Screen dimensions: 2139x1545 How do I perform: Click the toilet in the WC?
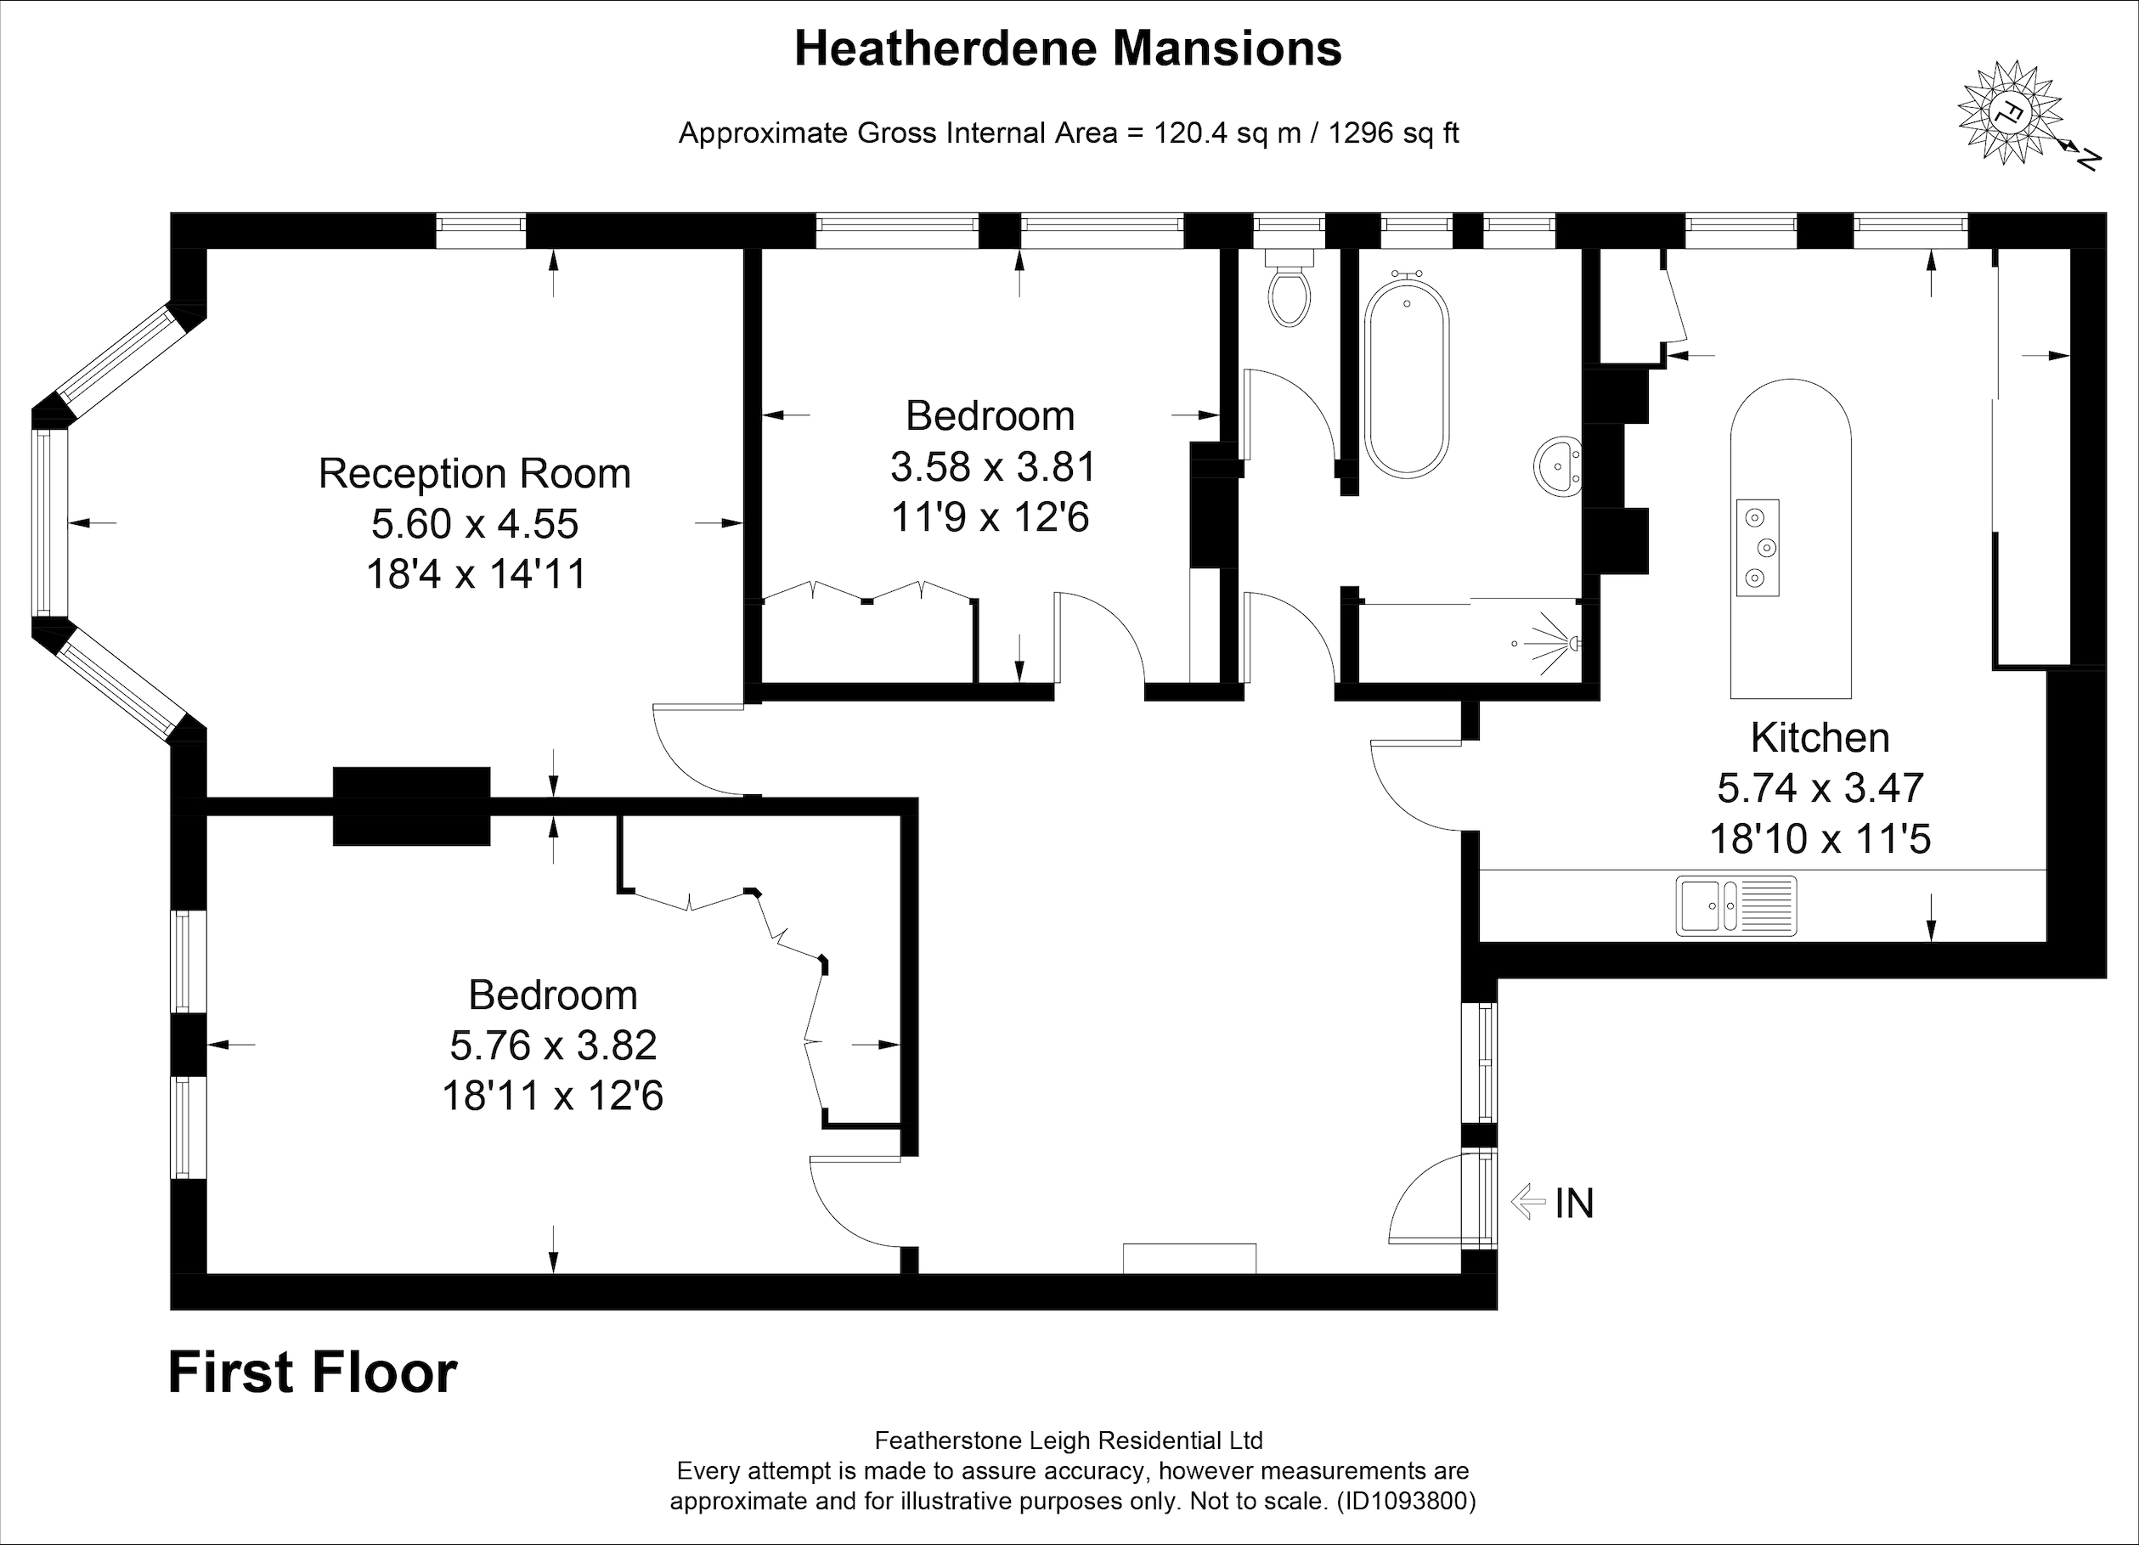click(x=1289, y=288)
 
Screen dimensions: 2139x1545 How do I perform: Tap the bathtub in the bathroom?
click(x=1406, y=373)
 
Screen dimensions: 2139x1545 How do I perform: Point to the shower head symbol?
click(x=1551, y=643)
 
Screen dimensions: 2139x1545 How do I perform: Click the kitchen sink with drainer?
click(x=1736, y=905)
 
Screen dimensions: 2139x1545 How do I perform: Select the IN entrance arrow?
click(x=1529, y=1203)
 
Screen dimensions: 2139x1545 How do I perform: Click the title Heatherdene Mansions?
click(x=1069, y=49)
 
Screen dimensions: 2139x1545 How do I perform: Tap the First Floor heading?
click(x=312, y=1373)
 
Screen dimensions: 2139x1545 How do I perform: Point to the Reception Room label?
click(x=474, y=473)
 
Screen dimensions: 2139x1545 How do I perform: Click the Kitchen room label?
click(x=1820, y=737)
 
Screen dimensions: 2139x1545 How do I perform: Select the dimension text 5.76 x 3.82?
click(x=553, y=1045)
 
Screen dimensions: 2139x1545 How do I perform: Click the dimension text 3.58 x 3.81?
click(x=993, y=467)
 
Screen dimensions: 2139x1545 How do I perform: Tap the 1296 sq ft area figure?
click(x=1394, y=134)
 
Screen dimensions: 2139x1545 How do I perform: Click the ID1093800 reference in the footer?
click(x=1406, y=1501)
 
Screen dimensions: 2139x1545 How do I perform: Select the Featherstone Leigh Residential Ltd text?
click(x=1069, y=1441)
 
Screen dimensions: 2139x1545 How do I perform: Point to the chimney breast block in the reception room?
click(x=411, y=806)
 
